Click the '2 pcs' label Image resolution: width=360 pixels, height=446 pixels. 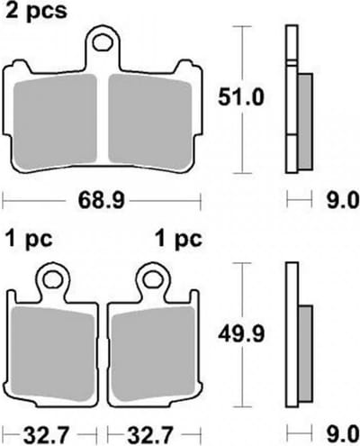[36, 11]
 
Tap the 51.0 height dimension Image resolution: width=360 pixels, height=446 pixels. [241, 97]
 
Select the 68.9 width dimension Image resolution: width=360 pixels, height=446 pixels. [101, 200]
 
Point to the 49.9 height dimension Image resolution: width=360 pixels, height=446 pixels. [241, 334]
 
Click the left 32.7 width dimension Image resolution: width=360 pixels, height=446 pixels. [47, 435]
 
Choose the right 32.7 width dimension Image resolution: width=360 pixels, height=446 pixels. [150, 435]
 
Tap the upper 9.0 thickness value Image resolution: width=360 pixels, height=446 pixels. [342, 200]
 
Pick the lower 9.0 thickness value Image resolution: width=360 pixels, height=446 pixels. [342, 434]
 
